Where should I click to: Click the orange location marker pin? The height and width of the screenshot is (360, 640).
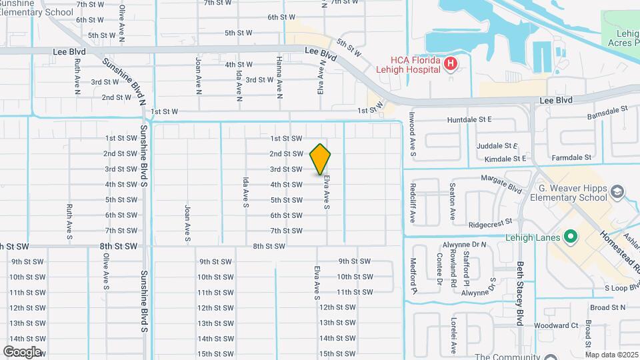pyautogui.click(x=321, y=159)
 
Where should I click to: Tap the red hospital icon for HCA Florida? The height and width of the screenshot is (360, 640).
pyautogui.click(x=451, y=64)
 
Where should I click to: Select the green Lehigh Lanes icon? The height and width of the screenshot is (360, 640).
pyautogui.click(x=570, y=236)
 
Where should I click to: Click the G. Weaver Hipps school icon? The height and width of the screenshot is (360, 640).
pyautogui.click(x=618, y=192)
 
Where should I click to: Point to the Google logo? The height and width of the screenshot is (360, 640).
pyautogui.click(x=22, y=351)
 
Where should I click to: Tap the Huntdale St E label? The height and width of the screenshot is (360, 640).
pyautogui.click(x=488, y=119)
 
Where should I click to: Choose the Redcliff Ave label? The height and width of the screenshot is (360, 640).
pyautogui.click(x=413, y=197)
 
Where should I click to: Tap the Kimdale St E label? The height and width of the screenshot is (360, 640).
pyautogui.click(x=505, y=159)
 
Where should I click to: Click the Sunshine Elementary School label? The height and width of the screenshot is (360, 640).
pyautogui.click(x=37, y=7)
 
